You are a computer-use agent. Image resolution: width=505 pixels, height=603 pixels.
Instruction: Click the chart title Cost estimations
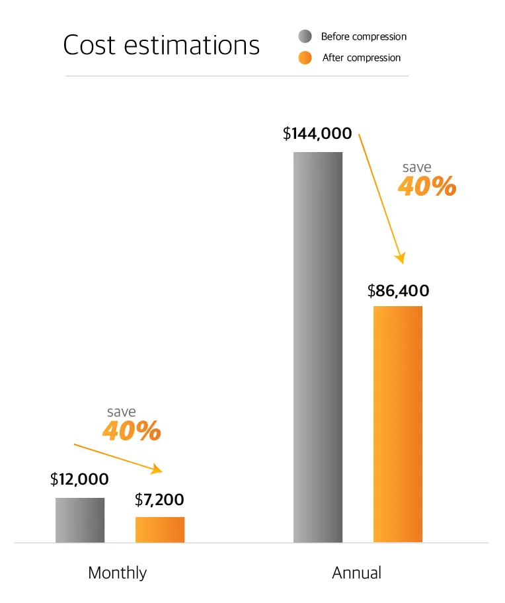pos(161,46)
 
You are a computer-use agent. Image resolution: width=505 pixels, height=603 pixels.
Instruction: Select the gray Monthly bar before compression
pos(79,520)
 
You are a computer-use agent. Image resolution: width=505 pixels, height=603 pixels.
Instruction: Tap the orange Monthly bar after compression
pos(160,529)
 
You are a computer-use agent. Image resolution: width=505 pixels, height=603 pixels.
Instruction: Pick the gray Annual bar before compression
pos(318,347)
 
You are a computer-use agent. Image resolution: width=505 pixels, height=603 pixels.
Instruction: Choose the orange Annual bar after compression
pos(398,424)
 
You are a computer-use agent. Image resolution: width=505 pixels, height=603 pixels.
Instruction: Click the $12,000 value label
pos(79,480)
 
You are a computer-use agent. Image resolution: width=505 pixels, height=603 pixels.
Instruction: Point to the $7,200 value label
pos(159,500)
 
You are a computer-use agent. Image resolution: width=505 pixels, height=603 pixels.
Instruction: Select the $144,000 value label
pos(317,134)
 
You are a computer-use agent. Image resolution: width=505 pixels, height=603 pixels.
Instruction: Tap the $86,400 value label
pos(399,290)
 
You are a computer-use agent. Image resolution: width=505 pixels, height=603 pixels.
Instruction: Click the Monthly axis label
pos(118,573)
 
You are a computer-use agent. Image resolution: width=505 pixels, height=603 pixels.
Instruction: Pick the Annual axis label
pos(357,573)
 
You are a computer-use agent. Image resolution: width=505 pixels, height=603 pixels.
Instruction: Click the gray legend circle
pos(305,36)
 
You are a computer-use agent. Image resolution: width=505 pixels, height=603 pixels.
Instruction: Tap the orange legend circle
pos(305,58)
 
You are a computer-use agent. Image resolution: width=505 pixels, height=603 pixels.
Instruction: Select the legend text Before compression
pos(364,36)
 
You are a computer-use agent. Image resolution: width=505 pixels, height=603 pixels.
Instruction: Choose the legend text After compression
pos(362,58)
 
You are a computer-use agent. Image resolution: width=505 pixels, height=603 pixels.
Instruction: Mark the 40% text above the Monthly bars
pos(132,431)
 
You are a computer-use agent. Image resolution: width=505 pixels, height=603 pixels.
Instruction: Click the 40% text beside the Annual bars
pos(427,187)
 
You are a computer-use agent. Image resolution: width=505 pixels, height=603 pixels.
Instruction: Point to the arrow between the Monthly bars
pos(118,458)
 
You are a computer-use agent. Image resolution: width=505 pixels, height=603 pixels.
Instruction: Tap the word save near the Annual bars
pos(416,167)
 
